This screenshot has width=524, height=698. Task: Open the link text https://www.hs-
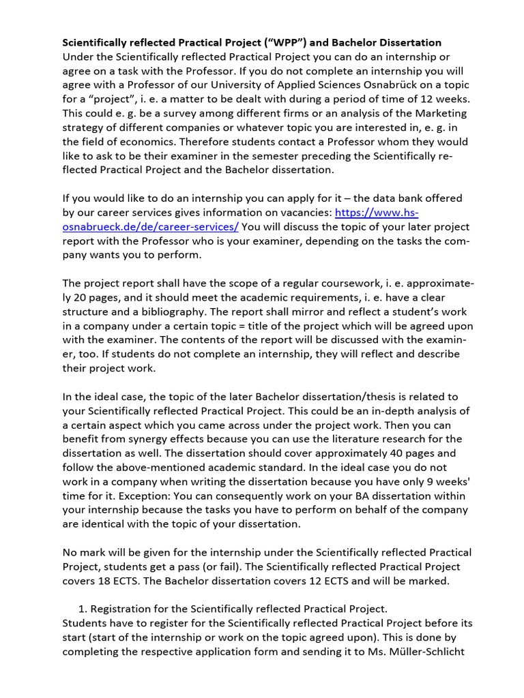[377, 212]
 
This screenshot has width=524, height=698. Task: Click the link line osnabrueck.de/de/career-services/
[151, 226]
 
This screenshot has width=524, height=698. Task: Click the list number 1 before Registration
[83, 609]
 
